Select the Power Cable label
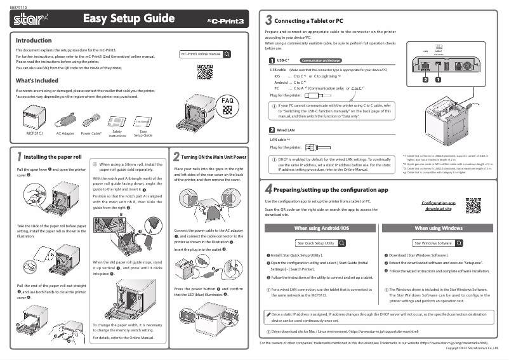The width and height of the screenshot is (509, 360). pyautogui.click(x=92, y=134)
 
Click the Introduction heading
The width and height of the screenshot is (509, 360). pyautogui.click(x=33, y=40)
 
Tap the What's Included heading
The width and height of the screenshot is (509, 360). pyautogui.click(x=36, y=81)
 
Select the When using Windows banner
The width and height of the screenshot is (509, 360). pyautogui.click(x=439, y=227)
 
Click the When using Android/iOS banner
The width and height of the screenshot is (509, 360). pyautogui.click(x=321, y=227)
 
